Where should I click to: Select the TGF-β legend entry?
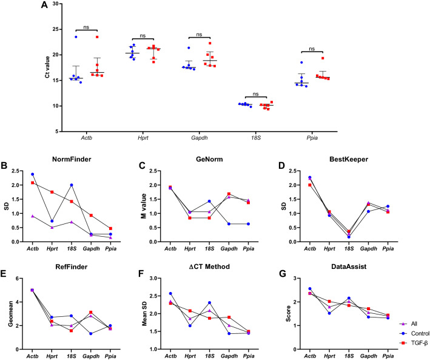tap(405, 343)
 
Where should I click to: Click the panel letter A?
tap(44, 5)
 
